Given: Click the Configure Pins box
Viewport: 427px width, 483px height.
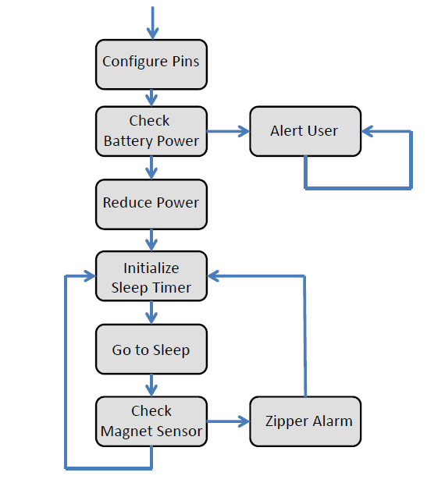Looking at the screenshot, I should [151, 63].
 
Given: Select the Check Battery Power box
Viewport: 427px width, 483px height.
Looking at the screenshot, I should [151, 131].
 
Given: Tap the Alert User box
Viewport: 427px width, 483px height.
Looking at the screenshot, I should [304, 130].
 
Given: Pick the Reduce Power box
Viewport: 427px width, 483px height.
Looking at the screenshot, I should [151, 203].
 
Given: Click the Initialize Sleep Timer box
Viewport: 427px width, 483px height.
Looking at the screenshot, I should [151, 277].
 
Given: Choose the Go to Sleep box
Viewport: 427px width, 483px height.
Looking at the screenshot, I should [151, 350].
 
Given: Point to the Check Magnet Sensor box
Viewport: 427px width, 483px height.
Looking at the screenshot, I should [151, 421].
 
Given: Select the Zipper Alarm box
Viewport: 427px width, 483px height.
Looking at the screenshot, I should [304, 421].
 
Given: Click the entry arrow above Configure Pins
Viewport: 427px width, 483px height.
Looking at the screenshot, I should [151, 22].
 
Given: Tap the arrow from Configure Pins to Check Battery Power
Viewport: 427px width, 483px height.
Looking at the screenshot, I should [151, 97].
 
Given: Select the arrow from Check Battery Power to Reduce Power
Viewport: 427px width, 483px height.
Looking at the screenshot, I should [151, 167].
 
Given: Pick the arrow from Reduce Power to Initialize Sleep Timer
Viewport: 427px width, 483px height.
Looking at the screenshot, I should [151, 240].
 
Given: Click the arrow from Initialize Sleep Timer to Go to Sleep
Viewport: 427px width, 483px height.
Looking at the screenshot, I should [151, 313].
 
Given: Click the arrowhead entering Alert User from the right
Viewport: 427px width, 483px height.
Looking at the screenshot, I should [369, 132].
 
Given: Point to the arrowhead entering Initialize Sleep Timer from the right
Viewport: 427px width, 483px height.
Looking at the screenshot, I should [215, 275].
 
